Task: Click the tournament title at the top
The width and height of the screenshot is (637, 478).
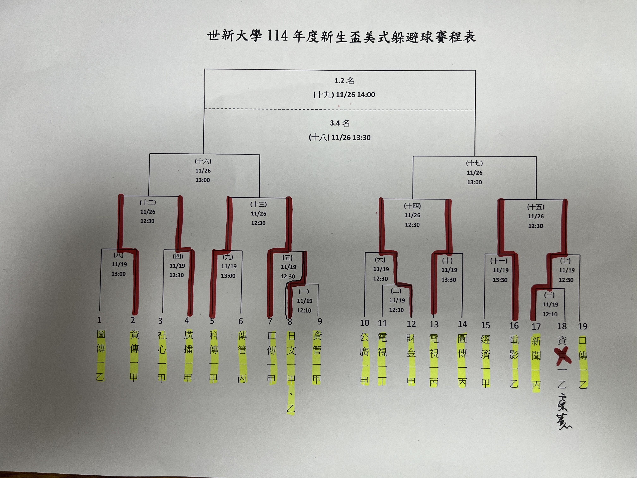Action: point(341,37)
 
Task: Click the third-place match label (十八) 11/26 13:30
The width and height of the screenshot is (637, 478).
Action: point(340,137)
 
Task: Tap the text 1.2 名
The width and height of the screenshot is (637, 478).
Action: point(344,81)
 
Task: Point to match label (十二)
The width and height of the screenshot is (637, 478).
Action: point(148,202)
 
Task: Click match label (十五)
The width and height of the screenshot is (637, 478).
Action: point(535,207)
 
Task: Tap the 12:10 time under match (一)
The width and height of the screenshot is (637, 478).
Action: point(304,310)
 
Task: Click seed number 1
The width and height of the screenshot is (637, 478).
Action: point(99,320)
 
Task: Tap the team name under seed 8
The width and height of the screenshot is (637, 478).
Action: point(291,372)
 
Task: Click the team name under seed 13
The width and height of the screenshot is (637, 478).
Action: point(434,360)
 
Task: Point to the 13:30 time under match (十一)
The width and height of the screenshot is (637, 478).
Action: point(500,280)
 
